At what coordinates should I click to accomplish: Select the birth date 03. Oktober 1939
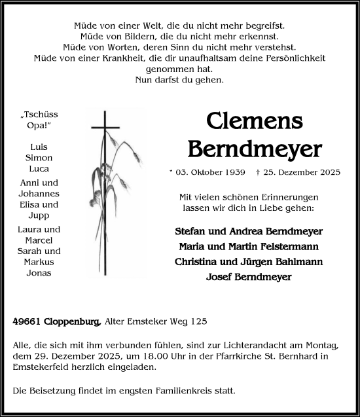209,172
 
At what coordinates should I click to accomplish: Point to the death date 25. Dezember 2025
302,172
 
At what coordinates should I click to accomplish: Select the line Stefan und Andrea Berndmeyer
249,232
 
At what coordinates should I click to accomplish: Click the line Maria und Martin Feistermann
249,247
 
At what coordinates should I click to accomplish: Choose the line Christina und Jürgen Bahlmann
249,262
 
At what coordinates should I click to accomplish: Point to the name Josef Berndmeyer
249,277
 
